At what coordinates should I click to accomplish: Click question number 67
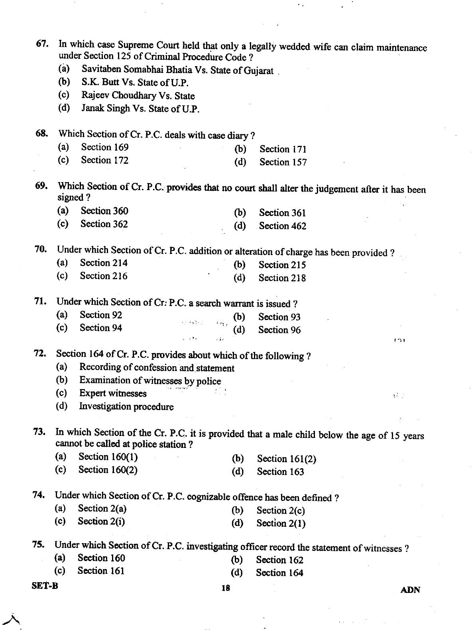(42, 44)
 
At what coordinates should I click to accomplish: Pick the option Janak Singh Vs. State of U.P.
(140, 108)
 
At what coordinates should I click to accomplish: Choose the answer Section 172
(104, 160)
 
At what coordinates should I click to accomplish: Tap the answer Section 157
(283, 162)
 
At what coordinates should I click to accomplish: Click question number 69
(41, 186)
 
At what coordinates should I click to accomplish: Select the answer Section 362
(104, 224)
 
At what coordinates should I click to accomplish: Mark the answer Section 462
(283, 226)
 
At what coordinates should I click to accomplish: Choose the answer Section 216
(104, 276)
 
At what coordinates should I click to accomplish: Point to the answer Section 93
(279, 317)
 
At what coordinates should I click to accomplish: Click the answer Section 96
(279, 330)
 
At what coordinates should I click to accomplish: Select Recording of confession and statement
(157, 368)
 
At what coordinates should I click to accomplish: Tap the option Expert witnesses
(113, 393)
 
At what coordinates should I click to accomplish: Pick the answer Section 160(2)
(108, 470)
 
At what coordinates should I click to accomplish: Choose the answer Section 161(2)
(286, 459)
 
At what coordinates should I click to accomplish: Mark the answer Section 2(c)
(281, 510)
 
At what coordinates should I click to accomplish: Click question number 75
(38, 545)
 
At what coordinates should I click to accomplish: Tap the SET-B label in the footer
(45, 586)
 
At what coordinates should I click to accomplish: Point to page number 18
(226, 588)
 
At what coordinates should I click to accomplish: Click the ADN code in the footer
(410, 590)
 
